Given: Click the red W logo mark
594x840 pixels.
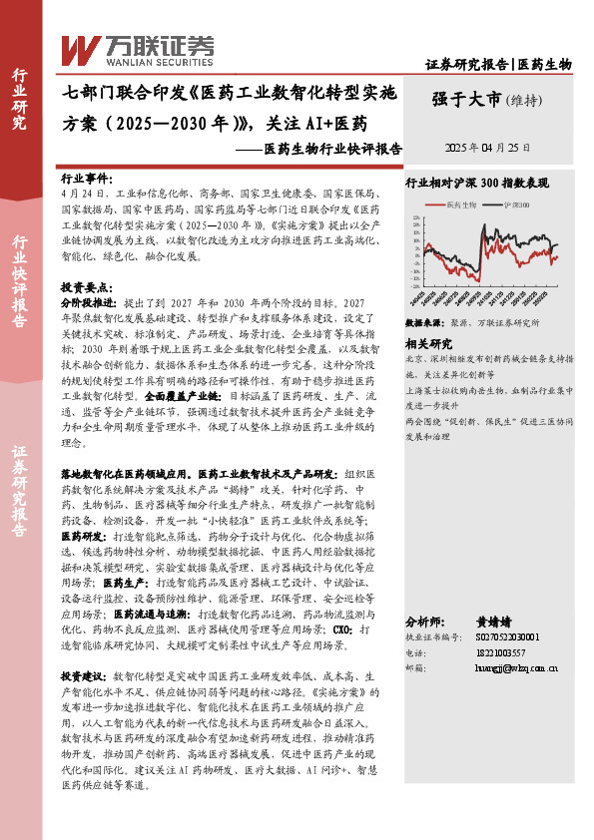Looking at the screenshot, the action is pos(80,48).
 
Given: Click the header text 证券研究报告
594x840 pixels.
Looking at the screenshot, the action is pos(467,64).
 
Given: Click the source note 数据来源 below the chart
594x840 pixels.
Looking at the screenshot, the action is pos(420,324).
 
